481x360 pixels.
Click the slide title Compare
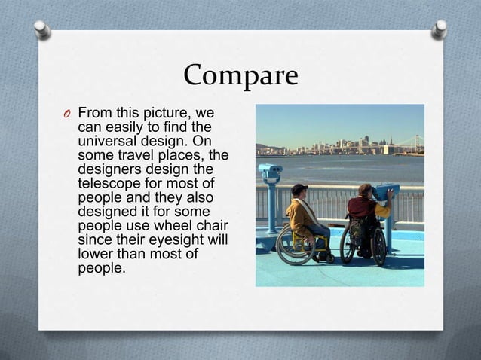240,75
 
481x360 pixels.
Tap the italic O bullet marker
66,114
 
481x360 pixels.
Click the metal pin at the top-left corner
42,29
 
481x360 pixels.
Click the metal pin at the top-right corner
440,29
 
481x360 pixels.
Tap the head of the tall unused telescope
269,172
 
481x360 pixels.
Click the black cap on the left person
299,188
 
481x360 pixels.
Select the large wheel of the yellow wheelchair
293,246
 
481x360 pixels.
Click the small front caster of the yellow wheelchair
329,258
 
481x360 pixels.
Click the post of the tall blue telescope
271,211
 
